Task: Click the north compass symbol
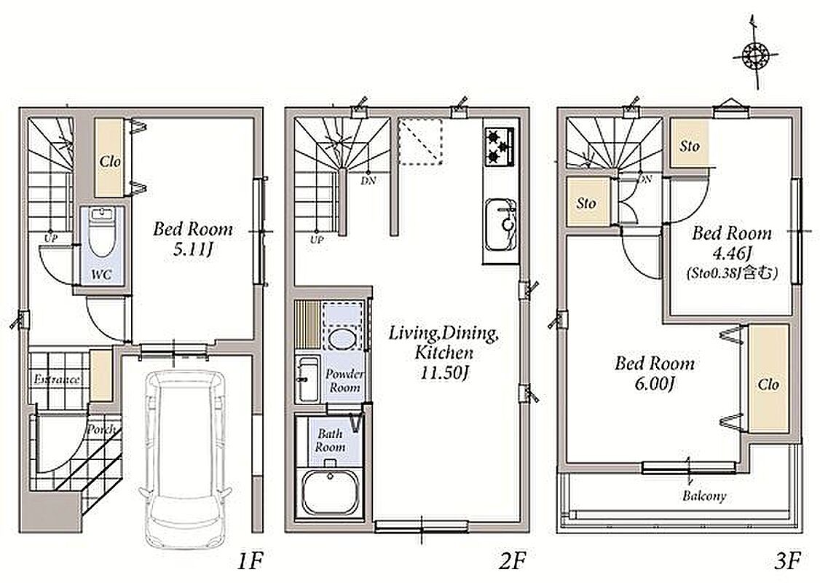click(x=754, y=55)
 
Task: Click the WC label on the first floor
click(x=101, y=274)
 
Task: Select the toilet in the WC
click(x=101, y=233)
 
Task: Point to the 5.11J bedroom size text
click(x=192, y=250)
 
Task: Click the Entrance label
click(x=57, y=380)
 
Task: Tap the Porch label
click(x=102, y=430)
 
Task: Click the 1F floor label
click(x=249, y=562)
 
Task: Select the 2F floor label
click(x=511, y=562)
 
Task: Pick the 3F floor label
click(x=787, y=562)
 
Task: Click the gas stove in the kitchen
click(x=500, y=147)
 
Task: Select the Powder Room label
click(x=344, y=381)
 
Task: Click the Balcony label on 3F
click(x=704, y=496)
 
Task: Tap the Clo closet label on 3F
click(x=768, y=385)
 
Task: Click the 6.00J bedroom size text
click(x=654, y=385)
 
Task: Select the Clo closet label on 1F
click(x=110, y=162)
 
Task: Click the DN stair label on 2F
click(x=368, y=181)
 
